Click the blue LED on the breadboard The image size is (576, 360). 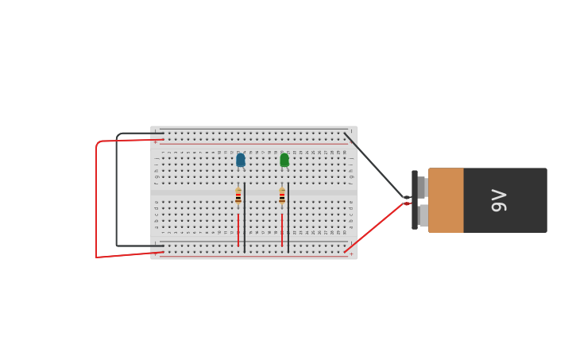[241, 160]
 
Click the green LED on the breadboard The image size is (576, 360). [284, 160]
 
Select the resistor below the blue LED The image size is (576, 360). [238, 196]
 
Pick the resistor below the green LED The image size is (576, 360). [282, 196]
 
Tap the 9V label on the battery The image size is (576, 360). [498, 200]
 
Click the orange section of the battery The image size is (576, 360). [446, 200]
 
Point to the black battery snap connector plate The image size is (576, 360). [415, 200]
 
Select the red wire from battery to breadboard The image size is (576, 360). [373, 229]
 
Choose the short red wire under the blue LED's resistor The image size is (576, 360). [238, 229]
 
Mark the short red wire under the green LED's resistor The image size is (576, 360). [282, 229]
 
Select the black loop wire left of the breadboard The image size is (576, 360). [117, 191]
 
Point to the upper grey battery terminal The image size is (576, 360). [422, 187]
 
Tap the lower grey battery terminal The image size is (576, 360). [423, 215]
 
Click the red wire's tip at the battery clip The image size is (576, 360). [406, 204]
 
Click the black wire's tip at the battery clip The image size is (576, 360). [406, 197]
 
